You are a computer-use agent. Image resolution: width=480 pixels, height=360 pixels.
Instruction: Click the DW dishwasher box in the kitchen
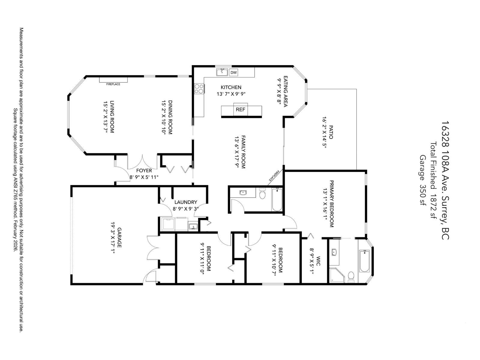pos(234,72)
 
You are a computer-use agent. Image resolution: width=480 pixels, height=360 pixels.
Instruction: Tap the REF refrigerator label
pos(240,109)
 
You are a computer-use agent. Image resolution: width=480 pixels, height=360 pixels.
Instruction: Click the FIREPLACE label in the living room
pos(113,84)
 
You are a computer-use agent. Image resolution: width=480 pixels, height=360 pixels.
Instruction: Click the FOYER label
pos(144,171)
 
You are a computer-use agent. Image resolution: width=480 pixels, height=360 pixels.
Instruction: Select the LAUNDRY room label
pos(186,202)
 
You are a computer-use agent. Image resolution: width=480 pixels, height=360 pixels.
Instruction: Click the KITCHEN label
pos(231,87)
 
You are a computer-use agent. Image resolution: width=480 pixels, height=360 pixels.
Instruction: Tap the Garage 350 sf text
pos(423,180)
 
